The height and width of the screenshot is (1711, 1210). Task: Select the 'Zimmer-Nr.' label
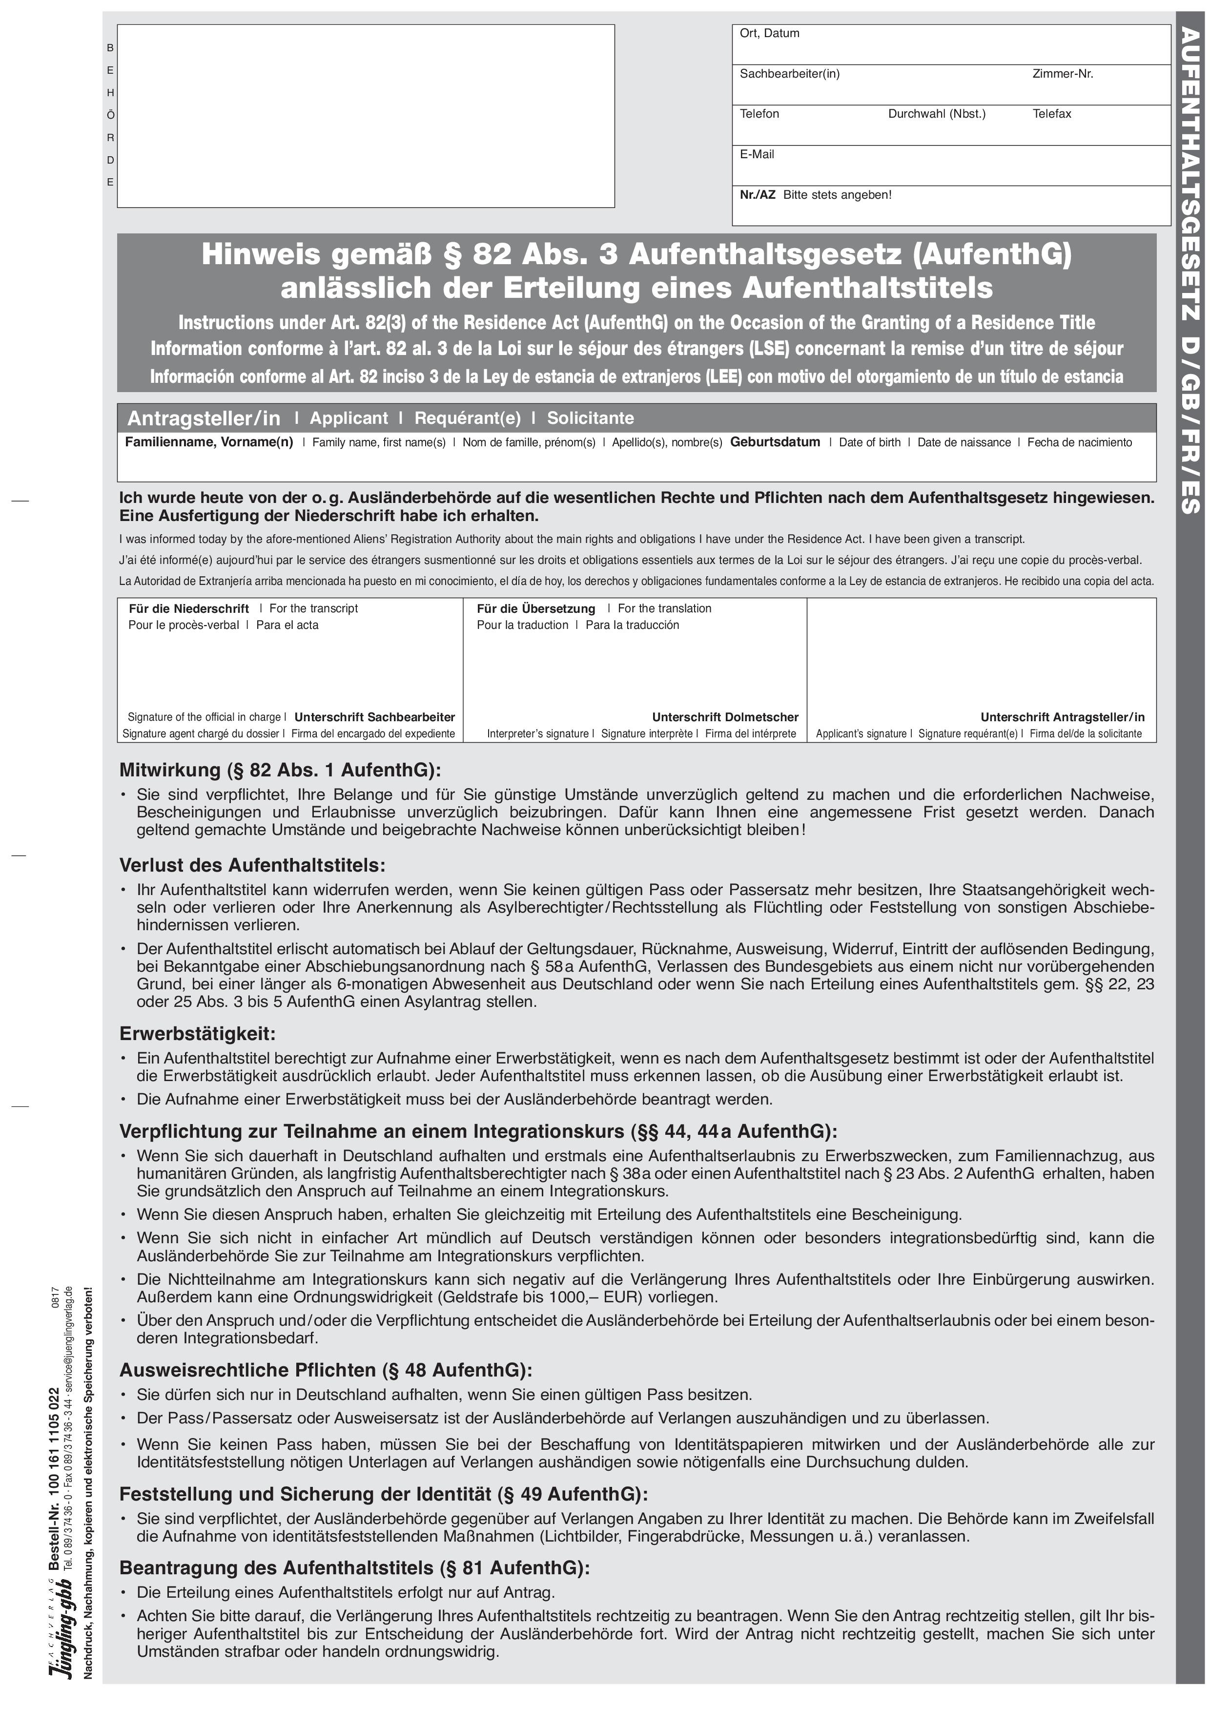1063,74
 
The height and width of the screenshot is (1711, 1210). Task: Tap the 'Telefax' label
1051,114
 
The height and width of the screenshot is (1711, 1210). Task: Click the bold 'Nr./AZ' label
757,194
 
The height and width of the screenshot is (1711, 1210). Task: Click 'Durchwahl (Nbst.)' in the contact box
937,114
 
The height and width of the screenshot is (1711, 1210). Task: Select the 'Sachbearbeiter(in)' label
789,74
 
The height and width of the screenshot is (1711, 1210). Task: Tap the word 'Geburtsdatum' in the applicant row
775,442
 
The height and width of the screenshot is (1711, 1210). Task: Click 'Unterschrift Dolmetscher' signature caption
725,717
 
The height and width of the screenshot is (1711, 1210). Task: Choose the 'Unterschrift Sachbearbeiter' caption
375,717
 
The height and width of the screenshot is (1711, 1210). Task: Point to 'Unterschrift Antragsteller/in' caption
1063,717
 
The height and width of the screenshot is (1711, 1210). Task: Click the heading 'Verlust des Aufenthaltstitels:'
252,866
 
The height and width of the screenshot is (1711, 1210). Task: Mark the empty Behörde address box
365,116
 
